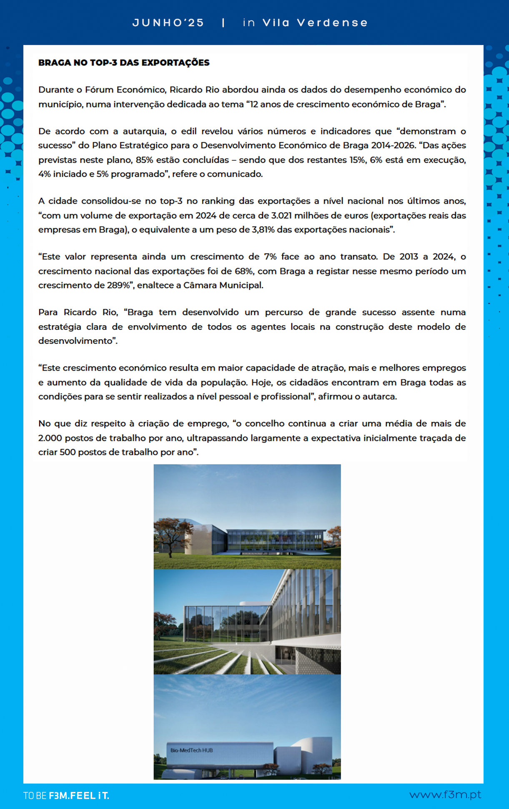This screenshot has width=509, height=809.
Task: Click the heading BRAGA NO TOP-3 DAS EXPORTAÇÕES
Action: coord(124,63)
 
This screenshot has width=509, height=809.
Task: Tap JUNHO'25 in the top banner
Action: coord(168,23)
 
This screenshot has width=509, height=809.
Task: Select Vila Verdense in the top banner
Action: coord(315,23)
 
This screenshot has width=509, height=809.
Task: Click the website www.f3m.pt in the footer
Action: coord(445,794)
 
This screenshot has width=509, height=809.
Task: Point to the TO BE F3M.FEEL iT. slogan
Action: coord(66,796)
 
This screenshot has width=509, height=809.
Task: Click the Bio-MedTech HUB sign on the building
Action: coord(191,750)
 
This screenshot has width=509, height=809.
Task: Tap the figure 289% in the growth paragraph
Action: coord(121,286)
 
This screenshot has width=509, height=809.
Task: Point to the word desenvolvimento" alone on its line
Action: coord(78,341)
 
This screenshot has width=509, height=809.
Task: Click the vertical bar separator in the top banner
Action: coord(224,23)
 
